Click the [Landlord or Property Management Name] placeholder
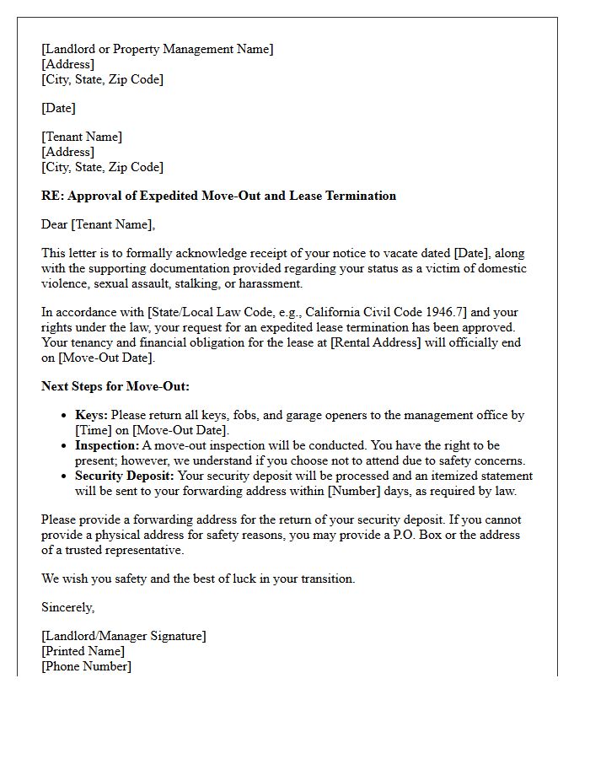157,49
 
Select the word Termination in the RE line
359,196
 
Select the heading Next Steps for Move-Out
115,386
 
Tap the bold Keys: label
91,415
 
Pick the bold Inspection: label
107,445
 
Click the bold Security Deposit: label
126,476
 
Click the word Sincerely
68,607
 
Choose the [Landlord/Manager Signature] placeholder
123,636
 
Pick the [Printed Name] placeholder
83,651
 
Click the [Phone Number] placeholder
86,666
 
